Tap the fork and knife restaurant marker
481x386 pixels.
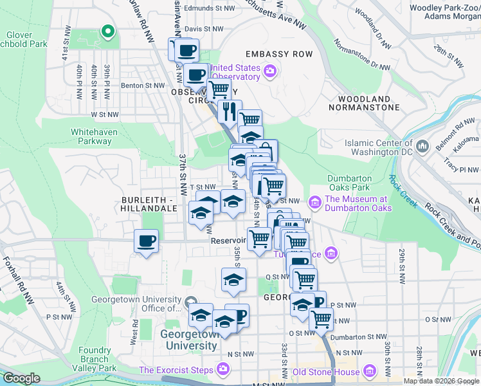[x=229, y=112]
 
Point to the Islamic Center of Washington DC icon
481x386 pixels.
[x=422, y=147]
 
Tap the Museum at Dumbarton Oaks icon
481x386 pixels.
[x=315, y=203]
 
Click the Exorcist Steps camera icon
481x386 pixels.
[x=222, y=370]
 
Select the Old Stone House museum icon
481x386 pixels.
[x=369, y=372]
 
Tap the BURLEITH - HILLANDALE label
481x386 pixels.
[x=149, y=205]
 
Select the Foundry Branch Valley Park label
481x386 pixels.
[x=98, y=359]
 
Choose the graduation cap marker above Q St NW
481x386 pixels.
[x=233, y=279]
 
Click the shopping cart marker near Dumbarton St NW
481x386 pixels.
[x=320, y=319]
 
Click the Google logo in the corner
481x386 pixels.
[x=21, y=378]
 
